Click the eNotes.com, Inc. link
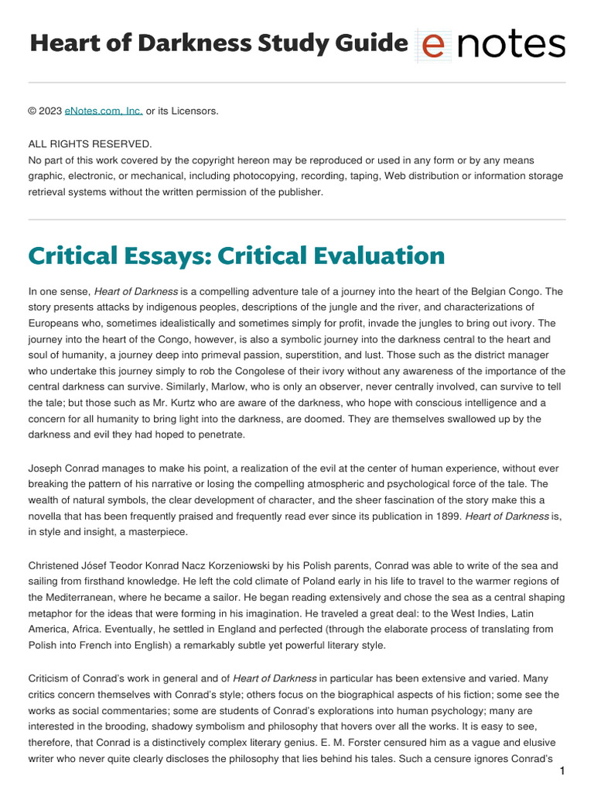tap(104, 111)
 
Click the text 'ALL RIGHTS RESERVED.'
tap(90, 144)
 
